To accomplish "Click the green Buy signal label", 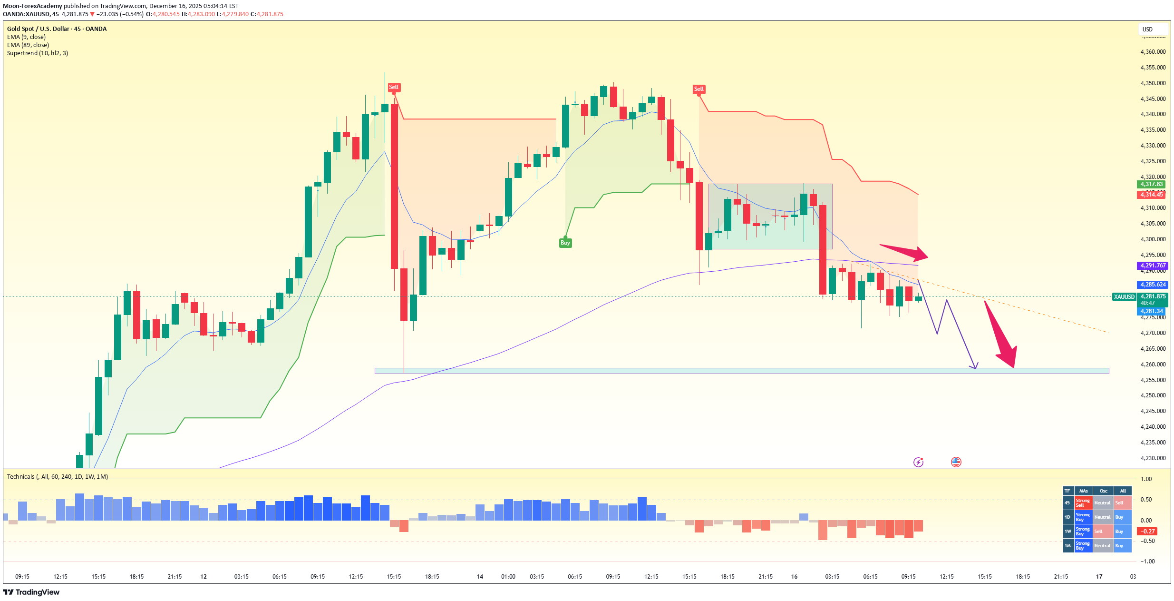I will [565, 243].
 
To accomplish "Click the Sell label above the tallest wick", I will [394, 87].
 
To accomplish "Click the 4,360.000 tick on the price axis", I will [1153, 52].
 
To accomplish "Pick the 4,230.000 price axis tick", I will [1153, 458].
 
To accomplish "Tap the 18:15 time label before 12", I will [136, 576].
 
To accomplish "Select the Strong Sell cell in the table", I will [1083, 502].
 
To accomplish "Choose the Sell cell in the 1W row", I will [1102, 531].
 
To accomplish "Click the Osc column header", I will [1103, 491].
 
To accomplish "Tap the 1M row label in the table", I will [1068, 545].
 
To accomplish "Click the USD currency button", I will [1147, 30].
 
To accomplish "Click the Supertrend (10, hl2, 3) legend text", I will [38, 53].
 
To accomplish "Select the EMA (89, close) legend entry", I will [28, 45].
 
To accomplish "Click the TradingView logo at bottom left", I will [31, 592].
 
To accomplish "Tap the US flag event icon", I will [956, 462].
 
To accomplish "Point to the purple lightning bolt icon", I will [918, 462].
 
